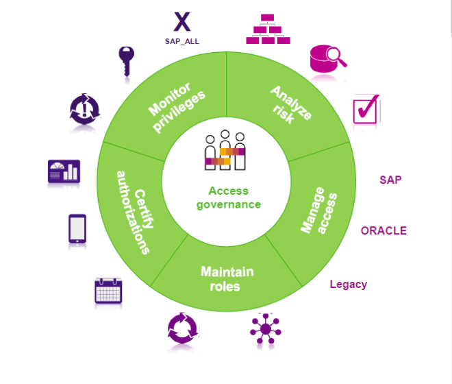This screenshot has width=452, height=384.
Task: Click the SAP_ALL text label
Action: (x=181, y=41)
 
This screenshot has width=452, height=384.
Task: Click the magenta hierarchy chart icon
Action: (x=269, y=29)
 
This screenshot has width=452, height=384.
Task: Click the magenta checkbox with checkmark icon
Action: (x=366, y=108)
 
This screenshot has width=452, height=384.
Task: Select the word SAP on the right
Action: (x=390, y=180)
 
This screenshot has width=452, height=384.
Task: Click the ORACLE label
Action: (x=384, y=230)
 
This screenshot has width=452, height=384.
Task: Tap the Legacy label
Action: (x=348, y=284)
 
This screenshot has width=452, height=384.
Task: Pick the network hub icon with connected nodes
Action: (x=265, y=328)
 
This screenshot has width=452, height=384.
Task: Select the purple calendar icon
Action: (x=108, y=290)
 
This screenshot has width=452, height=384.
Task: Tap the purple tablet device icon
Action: (x=77, y=228)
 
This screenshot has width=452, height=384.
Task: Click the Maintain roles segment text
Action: (x=227, y=278)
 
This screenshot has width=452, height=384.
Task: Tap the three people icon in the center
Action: (x=225, y=151)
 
